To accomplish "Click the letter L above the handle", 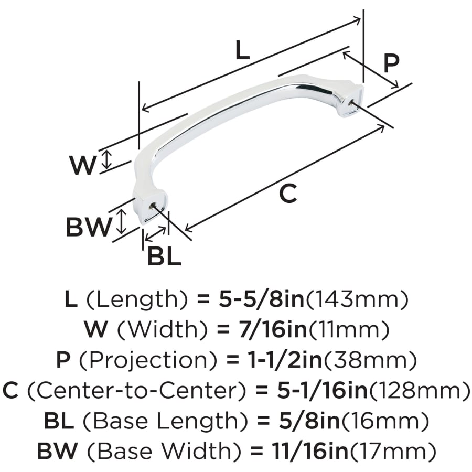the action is tap(243, 50).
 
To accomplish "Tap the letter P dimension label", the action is tap(391, 63).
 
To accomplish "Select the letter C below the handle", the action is tap(288, 194).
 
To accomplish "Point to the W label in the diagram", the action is tap(83, 165).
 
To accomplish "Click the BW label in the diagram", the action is tap(89, 227).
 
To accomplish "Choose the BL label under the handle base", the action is tap(164, 256).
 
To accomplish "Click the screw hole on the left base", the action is tap(152, 206).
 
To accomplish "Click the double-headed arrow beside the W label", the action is tap(106, 160).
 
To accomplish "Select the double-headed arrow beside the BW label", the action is tap(121, 222).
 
